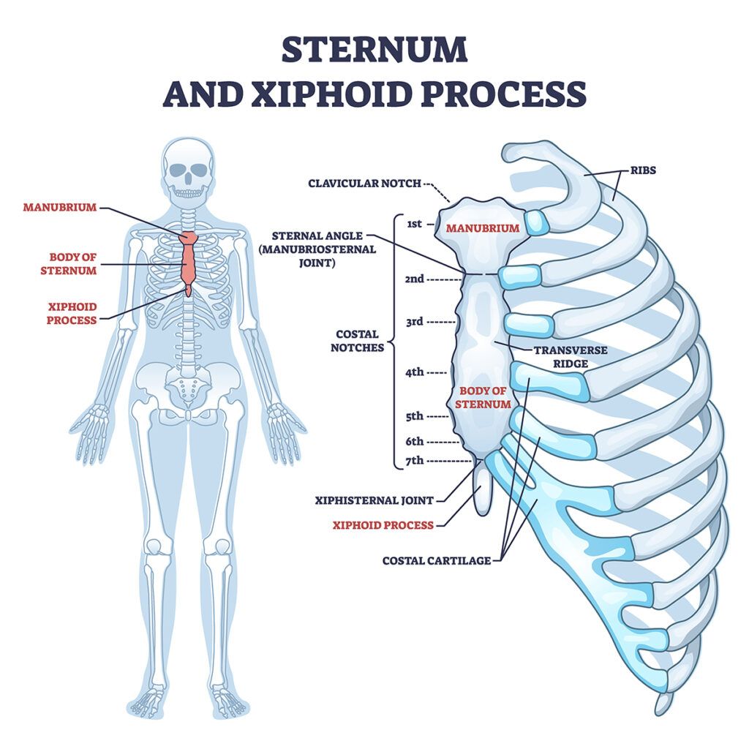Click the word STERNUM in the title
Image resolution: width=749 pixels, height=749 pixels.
374,50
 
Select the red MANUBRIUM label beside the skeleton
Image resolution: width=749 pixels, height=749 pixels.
59,207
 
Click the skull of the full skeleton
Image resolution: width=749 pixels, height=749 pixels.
189,173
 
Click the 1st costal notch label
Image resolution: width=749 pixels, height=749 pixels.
414,224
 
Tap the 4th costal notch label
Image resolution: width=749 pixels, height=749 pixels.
414,372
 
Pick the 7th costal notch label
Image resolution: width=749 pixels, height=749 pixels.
414,461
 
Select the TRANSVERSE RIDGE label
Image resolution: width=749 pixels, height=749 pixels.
570,356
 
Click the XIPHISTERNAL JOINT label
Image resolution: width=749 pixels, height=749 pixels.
374,501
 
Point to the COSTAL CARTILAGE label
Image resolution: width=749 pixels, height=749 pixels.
436,561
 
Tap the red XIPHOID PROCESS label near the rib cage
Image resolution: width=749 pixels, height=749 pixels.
383,524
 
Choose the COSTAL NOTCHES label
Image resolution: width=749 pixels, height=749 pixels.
357,341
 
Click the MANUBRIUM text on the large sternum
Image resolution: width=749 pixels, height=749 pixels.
483,228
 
